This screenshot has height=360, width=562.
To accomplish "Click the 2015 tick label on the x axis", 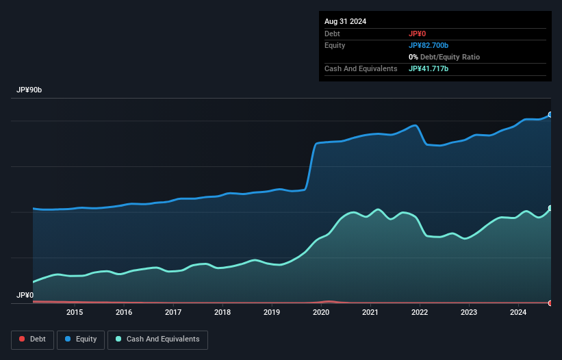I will pyautogui.click(x=75, y=313).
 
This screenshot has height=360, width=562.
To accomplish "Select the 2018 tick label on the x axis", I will pyautogui.click(x=222, y=313).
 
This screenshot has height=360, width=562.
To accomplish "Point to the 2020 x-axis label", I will pyautogui.click(x=321, y=313).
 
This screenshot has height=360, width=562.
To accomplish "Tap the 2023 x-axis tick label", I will pyautogui.click(x=469, y=313).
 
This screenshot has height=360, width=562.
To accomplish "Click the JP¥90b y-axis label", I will pyautogui.click(x=30, y=90).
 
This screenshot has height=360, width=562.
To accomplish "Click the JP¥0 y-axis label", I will pyautogui.click(x=25, y=295).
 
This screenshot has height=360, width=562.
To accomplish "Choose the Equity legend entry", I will pyautogui.click(x=80, y=339).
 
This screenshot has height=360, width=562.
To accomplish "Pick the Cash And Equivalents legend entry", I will pyautogui.click(x=157, y=339).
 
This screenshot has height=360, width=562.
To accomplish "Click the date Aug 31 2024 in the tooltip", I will pyautogui.click(x=346, y=21).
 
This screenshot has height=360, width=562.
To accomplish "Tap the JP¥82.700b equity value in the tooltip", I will pyautogui.click(x=429, y=45).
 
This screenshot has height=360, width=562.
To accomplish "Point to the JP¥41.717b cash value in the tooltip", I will pyautogui.click(x=429, y=68).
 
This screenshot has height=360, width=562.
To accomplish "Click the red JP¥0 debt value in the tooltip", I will pyautogui.click(x=418, y=34).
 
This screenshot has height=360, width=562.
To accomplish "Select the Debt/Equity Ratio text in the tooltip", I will pyautogui.click(x=448, y=57).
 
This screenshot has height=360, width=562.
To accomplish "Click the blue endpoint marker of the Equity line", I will pyautogui.click(x=550, y=115).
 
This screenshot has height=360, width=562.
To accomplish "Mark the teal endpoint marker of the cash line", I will pyautogui.click(x=550, y=208).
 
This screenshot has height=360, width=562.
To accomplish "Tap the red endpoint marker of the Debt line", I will pyautogui.click(x=550, y=303).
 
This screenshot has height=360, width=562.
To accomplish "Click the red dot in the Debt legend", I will pyautogui.click(x=22, y=339).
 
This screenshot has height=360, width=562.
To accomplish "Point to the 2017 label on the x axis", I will pyautogui.click(x=173, y=313).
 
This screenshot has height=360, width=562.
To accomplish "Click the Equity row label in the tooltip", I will pyautogui.click(x=335, y=45).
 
